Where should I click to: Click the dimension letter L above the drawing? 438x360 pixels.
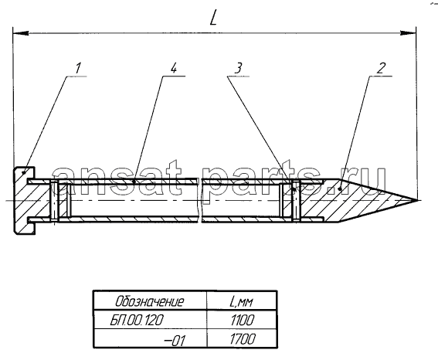pos(213,19)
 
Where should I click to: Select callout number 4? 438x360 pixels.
pos(174,67)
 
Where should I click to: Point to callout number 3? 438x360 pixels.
pos(238,68)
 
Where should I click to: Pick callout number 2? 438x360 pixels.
pos(381,68)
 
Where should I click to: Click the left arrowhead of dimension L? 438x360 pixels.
pos(20,33)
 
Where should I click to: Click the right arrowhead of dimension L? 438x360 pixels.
pos(408,33)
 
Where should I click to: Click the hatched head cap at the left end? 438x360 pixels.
pos(23,201)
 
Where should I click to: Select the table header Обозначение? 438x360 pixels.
pos(150,301)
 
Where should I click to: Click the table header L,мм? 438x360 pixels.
pos(241,301)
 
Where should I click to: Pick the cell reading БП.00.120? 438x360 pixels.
pos(136,321)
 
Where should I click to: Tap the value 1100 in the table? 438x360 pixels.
pos(243,321)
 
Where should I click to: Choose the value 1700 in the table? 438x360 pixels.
pos(243,339)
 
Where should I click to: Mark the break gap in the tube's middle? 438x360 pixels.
pos(200,200)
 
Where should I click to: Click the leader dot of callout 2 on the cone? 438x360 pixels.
pos(340,189)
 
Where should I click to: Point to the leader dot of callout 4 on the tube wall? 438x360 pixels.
pos(134,182)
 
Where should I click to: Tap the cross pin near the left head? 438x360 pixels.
pos(54,201)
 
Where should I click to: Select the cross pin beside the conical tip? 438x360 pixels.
pos(295,201)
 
